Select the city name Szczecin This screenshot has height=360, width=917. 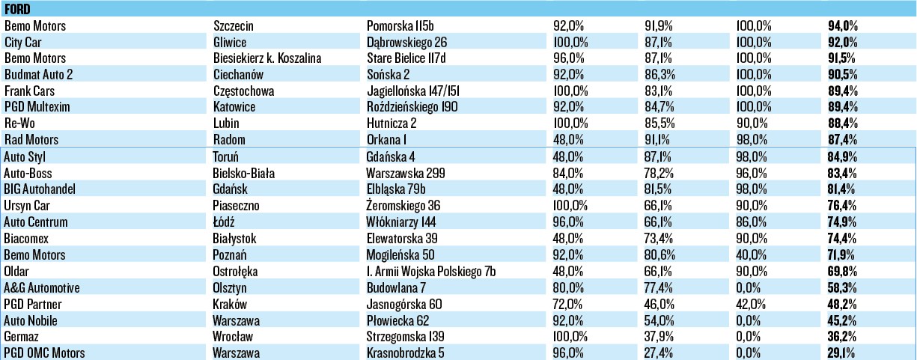[234, 25]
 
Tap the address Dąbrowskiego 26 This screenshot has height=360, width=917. [406, 42]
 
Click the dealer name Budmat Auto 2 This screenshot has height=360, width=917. [38, 74]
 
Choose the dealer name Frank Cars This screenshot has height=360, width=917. [30, 91]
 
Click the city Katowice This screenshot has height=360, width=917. [234, 107]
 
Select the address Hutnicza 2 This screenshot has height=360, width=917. [392, 123]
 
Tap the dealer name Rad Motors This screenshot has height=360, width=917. [31, 140]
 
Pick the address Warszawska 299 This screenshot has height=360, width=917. [403, 173]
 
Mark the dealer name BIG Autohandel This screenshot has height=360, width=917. [40, 189]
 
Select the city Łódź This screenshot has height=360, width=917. [225, 222]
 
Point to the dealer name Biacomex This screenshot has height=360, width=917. [25, 239]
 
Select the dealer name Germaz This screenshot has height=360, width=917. [21, 337]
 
